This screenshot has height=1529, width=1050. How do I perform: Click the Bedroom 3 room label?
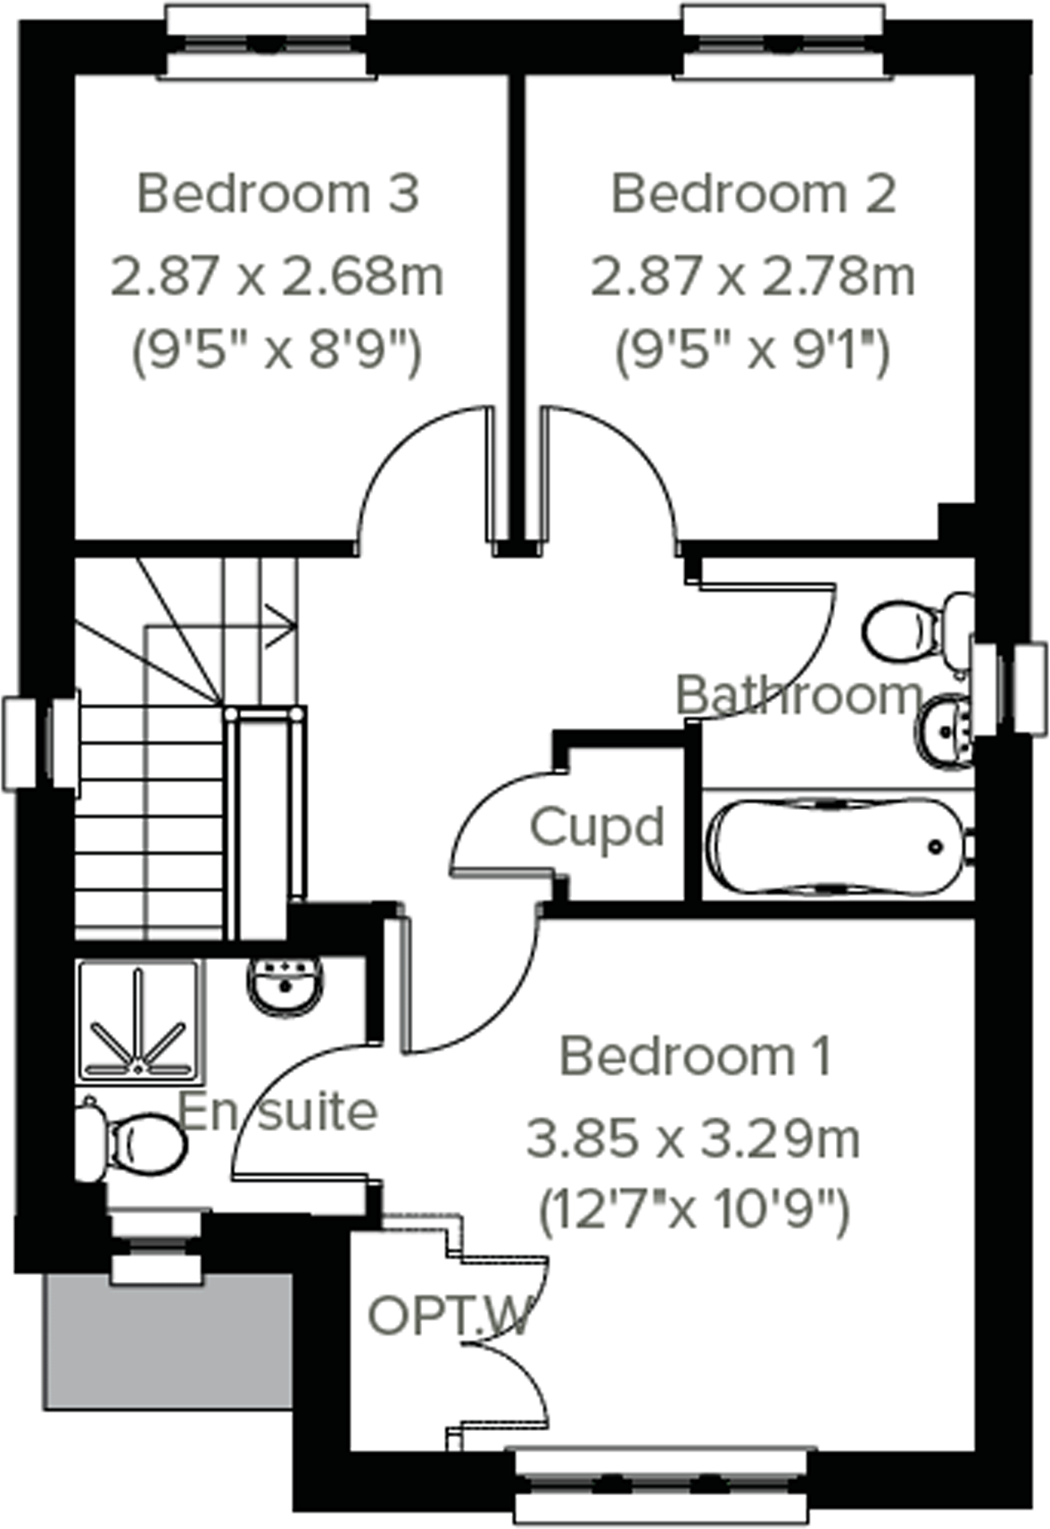pyautogui.click(x=277, y=194)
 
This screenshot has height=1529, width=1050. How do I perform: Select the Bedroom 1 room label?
pyautogui.click(x=695, y=1056)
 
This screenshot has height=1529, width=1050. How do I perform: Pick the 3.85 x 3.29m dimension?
pyautogui.click(x=693, y=1139)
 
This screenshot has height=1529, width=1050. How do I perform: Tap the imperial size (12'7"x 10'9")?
pyautogui.click(x=693, y=1211)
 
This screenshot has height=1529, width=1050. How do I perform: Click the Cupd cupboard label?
pyautogui.click(x=597, y=827)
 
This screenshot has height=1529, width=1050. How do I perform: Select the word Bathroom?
pyautogui.click(x=798, y=695)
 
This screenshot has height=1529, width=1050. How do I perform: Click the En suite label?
pyautogui.click(x=278, y=1112)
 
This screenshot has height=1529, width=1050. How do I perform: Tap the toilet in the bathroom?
pyautogui.click(x=914, y=628)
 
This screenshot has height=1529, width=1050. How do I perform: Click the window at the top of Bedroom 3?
pyautogui.click(x=265, y=42)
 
